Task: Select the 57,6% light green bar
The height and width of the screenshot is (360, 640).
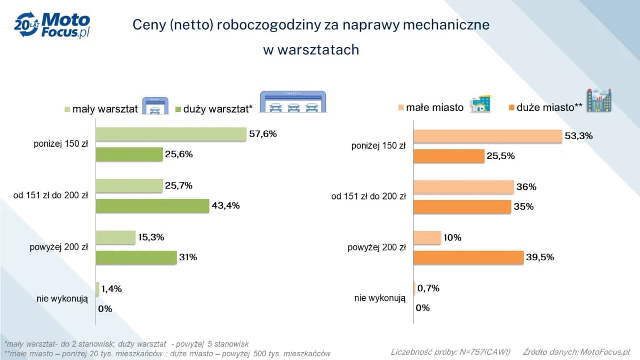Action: tap(171, 134)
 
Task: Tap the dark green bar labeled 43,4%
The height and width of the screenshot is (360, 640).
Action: tap(152, 206)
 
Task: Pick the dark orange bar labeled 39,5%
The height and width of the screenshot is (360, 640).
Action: tap(468, 258)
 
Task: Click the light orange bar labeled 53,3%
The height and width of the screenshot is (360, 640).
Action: tap(487, 136)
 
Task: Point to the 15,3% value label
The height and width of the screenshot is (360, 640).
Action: tap(151, 237)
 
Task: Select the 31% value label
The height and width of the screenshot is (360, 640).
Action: tap(188, 257)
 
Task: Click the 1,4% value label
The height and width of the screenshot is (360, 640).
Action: tap(111, 289)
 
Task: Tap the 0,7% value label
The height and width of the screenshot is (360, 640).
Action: tap(429, 289)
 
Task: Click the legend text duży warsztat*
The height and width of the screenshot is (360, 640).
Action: tap(218, 109)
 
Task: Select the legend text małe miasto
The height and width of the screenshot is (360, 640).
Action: tap(435, 107)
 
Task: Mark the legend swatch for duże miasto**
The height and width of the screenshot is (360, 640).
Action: tap(510, 108)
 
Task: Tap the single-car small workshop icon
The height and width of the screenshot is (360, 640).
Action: tap(155, 105)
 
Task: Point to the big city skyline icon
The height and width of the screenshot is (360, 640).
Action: tap(598, 101)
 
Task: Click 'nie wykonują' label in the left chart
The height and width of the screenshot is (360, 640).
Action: tap(62, 299)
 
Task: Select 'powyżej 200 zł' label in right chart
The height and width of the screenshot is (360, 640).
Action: tap(377, 247)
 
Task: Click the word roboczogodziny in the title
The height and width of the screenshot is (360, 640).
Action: tap(264, 25)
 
